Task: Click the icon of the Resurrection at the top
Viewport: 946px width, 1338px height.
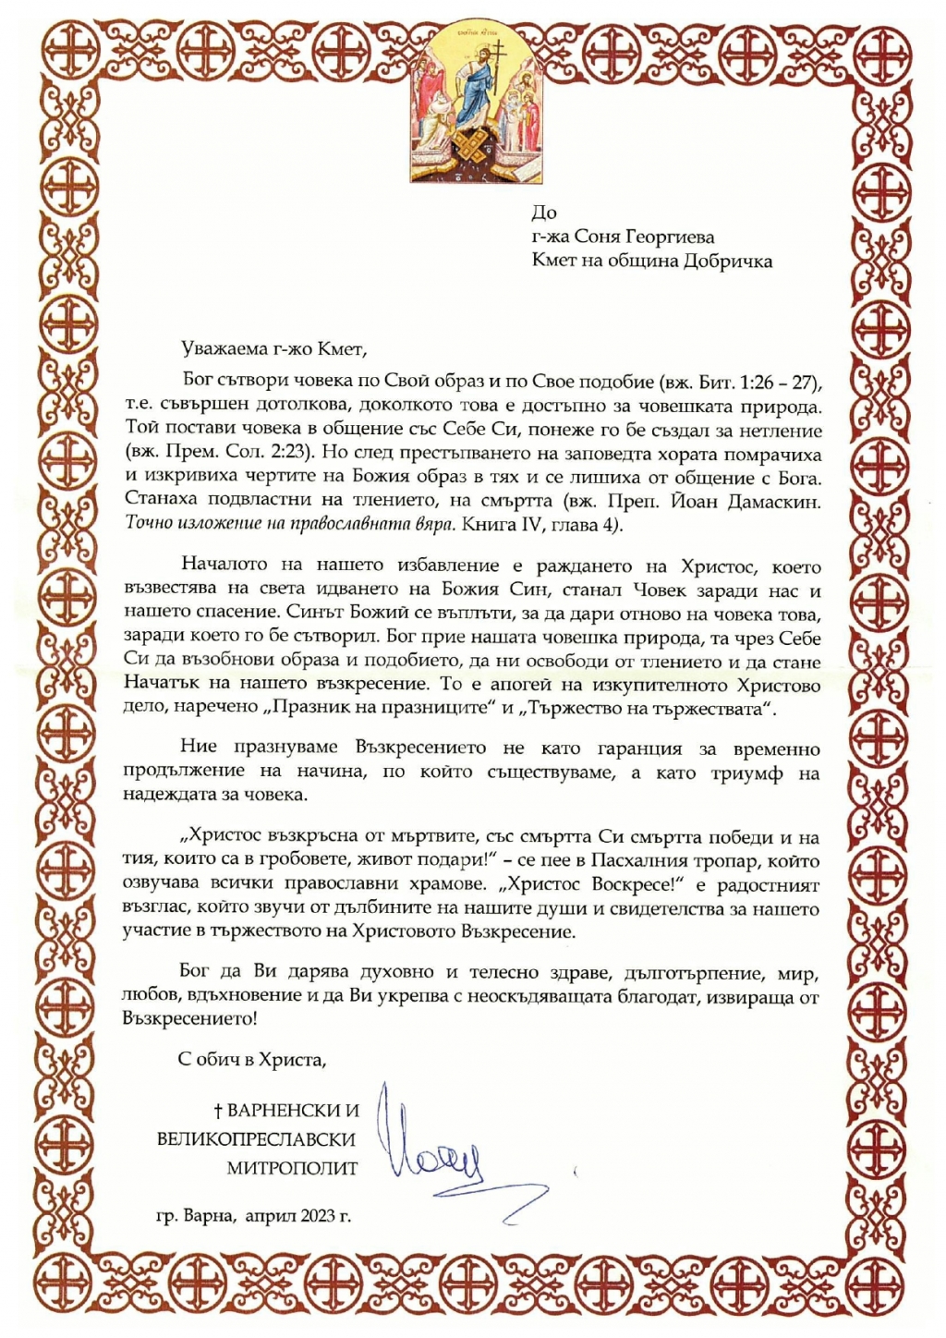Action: [473, 104]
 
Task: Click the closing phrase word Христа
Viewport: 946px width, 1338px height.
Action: [295, 1060]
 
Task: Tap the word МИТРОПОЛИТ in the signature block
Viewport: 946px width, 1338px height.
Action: [292, 1169]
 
